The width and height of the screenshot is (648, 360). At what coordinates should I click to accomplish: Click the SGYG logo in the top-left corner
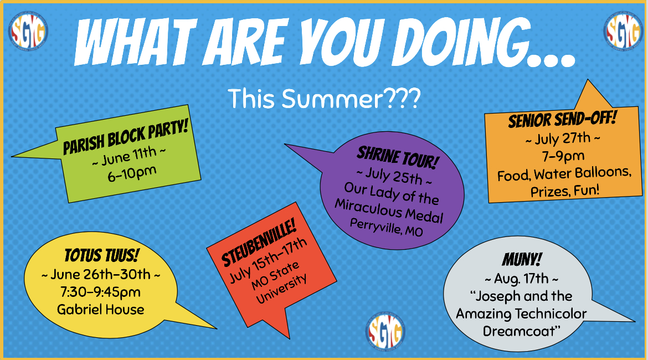(28, 31)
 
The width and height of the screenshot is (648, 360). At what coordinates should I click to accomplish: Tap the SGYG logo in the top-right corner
(623, 31)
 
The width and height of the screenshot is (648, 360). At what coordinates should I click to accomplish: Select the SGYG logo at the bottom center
(385, 332)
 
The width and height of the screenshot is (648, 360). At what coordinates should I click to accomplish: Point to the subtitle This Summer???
(325, 99)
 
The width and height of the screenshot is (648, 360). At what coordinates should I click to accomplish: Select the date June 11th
(130, 157)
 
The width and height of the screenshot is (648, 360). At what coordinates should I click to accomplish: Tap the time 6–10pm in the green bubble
(132, 173)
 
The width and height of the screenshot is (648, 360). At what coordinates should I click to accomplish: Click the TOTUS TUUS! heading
(101, 255)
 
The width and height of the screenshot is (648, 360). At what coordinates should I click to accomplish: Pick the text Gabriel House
(101, 310)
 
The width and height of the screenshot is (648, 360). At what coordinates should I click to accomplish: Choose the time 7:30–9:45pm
(100, 292)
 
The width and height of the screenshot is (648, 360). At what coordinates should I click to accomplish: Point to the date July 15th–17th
(269, 260)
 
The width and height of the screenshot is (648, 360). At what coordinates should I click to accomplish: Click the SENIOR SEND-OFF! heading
(563, 119)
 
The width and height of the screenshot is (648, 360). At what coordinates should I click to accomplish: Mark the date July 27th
(563, 138)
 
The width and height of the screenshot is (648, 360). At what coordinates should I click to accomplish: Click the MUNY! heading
(522, 260)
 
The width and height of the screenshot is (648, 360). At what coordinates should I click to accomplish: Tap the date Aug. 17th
(522, 279)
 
